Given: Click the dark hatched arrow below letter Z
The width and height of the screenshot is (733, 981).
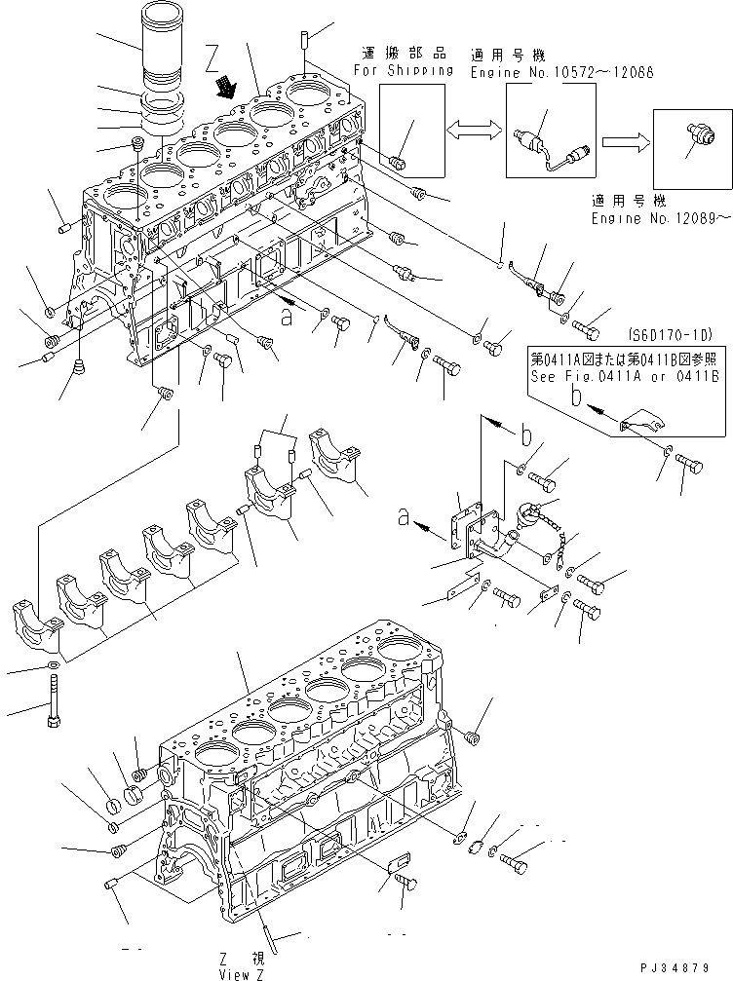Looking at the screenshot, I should (x=226, y=89).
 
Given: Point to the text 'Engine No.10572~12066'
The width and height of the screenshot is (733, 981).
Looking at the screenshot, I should (x=560, y=72).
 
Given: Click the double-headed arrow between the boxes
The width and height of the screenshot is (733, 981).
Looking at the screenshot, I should (x=474, y=131).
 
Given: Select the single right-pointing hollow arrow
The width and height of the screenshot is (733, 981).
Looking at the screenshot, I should (x=621, y=142).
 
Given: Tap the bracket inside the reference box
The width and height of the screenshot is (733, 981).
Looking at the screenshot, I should (x=642, y=423).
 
